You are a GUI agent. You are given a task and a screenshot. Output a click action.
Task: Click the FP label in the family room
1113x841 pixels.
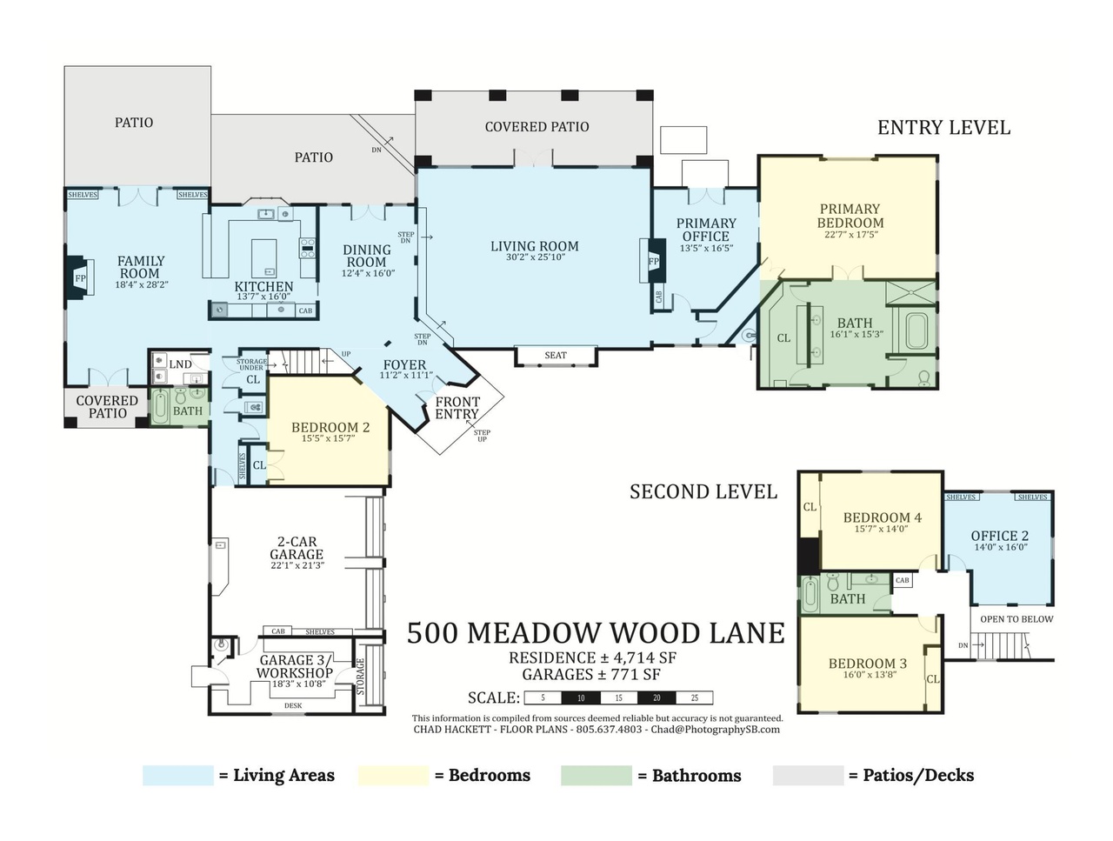(x=80, y=277)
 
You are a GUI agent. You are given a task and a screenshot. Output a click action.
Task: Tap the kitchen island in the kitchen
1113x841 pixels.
(x=263, y=258)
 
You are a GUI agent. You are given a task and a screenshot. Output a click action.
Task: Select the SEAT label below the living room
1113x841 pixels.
(x=556, y=356)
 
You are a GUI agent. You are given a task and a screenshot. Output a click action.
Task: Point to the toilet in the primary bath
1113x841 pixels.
(x=923, y=377)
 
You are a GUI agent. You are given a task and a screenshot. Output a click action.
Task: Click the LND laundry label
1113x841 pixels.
(x=180, y=364)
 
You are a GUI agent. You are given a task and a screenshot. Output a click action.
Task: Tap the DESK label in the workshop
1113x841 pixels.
(x=293, y=705)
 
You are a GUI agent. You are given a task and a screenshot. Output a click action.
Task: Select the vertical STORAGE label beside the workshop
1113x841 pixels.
(x=360, y=677)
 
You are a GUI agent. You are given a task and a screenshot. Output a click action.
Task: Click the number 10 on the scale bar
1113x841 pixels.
(x=581, y=698)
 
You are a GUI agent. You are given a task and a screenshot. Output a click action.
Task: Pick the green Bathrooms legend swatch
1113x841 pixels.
(x=596, y=776)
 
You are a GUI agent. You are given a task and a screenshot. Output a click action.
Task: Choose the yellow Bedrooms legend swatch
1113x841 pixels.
(x=393, y=776)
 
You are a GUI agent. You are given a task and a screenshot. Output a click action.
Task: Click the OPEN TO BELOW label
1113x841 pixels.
(x=1016, y=619)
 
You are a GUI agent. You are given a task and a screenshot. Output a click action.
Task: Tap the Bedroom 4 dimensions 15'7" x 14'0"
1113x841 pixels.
(x=882, y=529)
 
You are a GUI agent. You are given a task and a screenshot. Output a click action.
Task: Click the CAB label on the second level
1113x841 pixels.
(x=902, y=580)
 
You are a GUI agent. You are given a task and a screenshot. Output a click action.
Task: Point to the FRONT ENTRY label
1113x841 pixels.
(x=457, y=408)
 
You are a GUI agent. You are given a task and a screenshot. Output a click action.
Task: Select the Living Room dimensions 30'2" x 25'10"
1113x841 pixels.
(x=535, y=257)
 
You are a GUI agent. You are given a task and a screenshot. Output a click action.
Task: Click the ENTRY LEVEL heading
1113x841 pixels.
(x=943, y=127)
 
